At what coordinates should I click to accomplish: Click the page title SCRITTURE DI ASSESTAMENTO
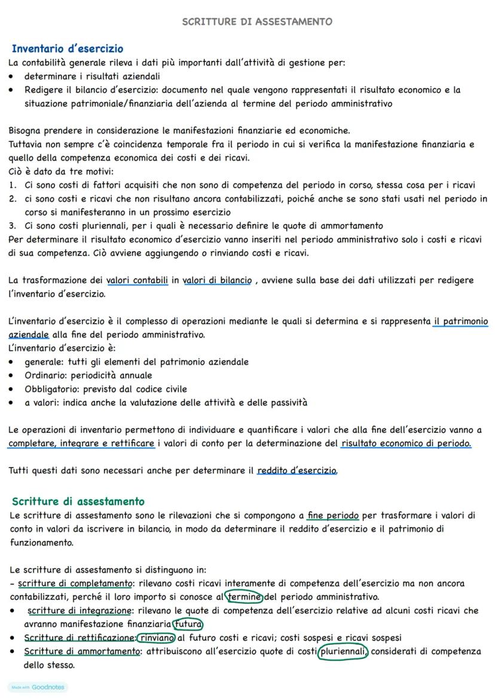[257, 22]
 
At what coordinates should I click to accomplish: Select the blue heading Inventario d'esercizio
[68, 48]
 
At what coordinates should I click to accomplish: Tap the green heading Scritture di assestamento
[78, 501]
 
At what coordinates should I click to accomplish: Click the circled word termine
[244, 597]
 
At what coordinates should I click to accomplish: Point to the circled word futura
[188, 624]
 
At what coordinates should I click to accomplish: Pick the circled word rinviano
[156, 637]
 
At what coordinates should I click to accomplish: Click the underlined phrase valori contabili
[137, 280]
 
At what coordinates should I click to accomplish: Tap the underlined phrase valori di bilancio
[218, 280]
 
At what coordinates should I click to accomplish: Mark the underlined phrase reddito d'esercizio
[297, 470]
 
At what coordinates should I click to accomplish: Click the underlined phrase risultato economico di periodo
[406, 443]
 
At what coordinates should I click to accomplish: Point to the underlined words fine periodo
[333, 515]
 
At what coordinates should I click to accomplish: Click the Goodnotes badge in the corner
[38, 687]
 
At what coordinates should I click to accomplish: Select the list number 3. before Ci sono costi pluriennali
[13, 225]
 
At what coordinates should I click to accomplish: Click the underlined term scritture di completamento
[74, 583]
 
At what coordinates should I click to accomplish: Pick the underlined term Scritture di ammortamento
[81, 651]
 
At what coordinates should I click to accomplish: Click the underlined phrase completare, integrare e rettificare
[82, 443]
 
